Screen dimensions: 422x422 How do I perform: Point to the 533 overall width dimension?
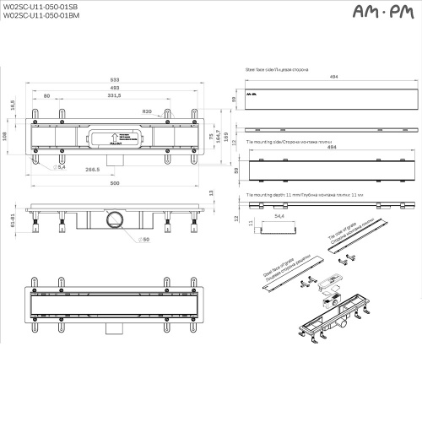pyautogui.click(x=114, y=79)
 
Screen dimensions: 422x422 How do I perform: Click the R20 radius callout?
pyautogui.click(x=147, y=111)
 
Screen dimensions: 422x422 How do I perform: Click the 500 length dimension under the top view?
pyautogui.click(x=115, y=184)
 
